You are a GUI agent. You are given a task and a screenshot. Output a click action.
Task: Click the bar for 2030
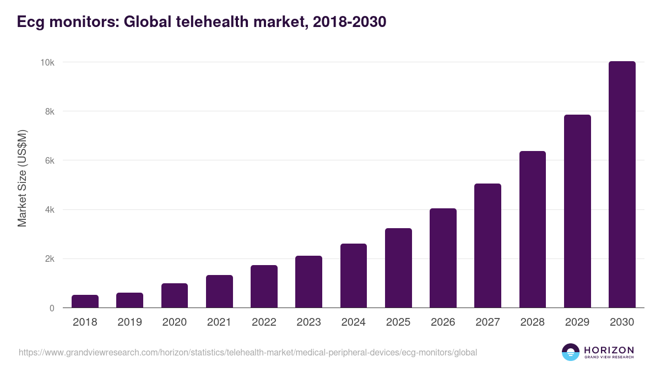point(622,185)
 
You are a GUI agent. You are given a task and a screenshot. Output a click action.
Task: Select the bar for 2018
point(85,301)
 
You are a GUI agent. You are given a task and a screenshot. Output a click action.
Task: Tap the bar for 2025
point(398,268)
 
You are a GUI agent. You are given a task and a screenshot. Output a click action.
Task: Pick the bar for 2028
point(533,229)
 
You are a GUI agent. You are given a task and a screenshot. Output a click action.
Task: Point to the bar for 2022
point(264,287)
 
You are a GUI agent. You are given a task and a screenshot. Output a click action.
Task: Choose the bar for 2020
point(175,295)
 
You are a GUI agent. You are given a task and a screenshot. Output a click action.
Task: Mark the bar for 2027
point(487,246)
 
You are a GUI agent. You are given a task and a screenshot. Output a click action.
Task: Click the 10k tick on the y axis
point(47,62)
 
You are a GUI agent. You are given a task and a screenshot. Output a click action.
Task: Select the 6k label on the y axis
point(49,160)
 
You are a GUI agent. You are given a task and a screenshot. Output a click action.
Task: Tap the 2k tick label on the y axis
point(49,259)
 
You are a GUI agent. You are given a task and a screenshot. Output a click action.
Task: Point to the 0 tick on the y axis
point(52,308)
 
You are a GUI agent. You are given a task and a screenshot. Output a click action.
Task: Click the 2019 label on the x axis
point(129,322)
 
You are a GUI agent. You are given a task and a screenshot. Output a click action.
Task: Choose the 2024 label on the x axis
point(353,322)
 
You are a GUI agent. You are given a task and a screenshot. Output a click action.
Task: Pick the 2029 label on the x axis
point(577,322)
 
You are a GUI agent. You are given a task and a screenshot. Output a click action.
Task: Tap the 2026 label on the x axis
point(443,322)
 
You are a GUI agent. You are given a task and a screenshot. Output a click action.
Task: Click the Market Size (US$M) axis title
point(23,179)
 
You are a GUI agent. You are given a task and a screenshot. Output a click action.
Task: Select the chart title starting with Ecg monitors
point(202,22)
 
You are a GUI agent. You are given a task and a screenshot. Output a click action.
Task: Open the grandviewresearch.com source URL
point(248,352)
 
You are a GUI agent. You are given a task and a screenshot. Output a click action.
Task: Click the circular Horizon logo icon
point(571,352)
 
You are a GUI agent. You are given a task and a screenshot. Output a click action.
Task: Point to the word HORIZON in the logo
point(609,349)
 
